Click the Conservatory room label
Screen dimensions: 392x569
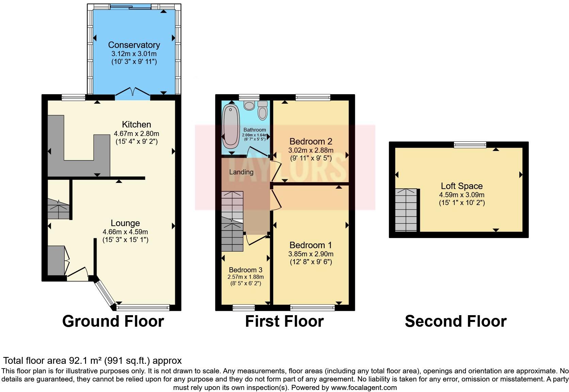point(134,45)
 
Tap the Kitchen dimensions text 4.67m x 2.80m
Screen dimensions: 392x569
point(136,134)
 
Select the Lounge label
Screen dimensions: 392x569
point(125,223)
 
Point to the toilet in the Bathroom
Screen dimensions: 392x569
point(262,110)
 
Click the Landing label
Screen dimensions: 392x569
point(241,172)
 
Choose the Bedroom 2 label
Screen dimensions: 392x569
point(310,141)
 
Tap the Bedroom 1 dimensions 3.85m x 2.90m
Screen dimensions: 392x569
point(310,254)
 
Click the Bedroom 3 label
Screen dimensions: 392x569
point(245,270)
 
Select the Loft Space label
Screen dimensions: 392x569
point(461,186)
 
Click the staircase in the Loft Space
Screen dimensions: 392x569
point(406,210)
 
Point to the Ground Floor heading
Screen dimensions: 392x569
point(113,321)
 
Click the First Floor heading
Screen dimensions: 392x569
point(284,321)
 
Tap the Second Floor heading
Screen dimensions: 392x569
point(455,321)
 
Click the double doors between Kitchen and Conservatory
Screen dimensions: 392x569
point(133,92)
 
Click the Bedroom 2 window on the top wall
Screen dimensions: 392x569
point(313,98)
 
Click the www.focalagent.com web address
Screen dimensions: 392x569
point(364,387)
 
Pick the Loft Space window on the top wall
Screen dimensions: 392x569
point(470,145)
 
